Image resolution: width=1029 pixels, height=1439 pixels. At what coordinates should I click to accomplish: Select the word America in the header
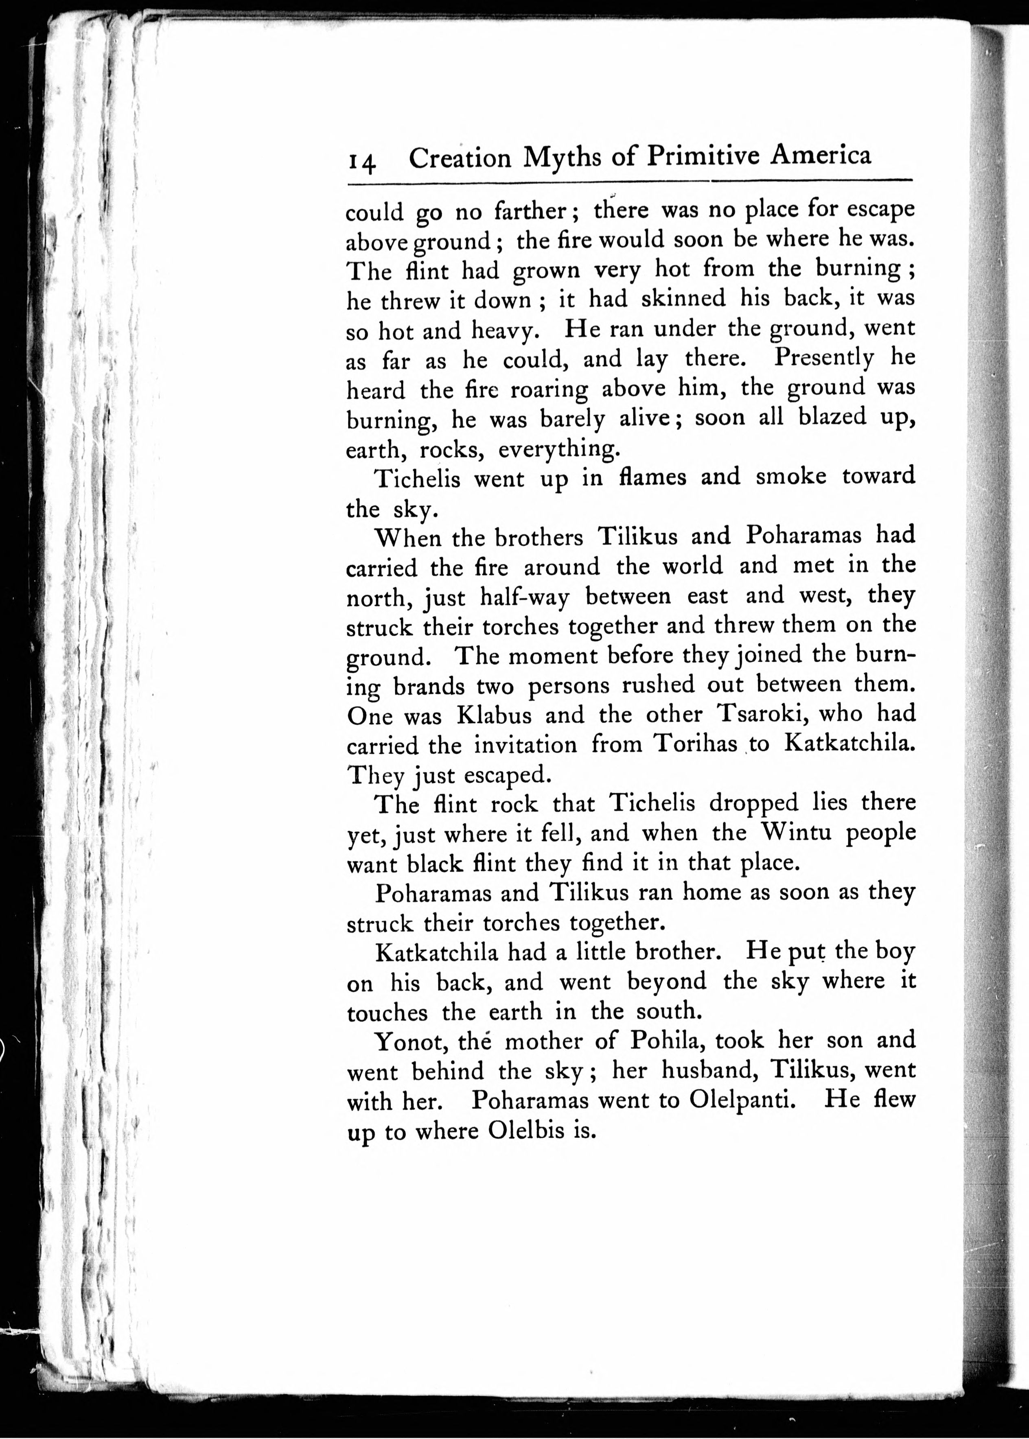[821, 155]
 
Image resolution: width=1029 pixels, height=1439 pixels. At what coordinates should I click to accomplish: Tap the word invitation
[525, 744]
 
